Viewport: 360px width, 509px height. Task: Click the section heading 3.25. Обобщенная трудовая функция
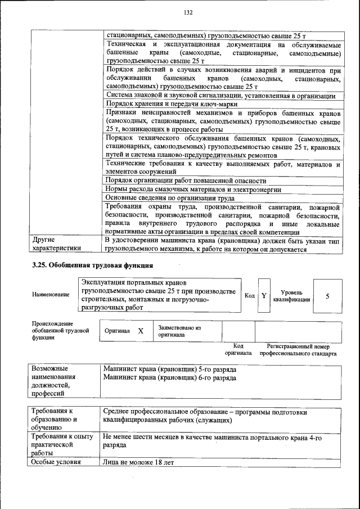point(93,265)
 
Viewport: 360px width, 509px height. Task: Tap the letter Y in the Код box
point(264,295)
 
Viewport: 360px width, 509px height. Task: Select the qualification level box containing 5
point(327,296)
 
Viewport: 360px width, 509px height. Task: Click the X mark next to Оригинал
point(141,331)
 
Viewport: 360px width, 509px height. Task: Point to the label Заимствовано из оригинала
point(179,330)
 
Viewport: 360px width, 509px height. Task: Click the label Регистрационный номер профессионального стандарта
point(298,350)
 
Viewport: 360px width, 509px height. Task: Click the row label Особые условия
point(57,462)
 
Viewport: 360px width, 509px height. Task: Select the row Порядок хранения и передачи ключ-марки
point(172,104)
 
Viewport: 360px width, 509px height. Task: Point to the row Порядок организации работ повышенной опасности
point(186,181)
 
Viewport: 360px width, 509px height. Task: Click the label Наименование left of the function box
point(51,295)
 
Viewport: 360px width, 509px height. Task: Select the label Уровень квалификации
point(291,296)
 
